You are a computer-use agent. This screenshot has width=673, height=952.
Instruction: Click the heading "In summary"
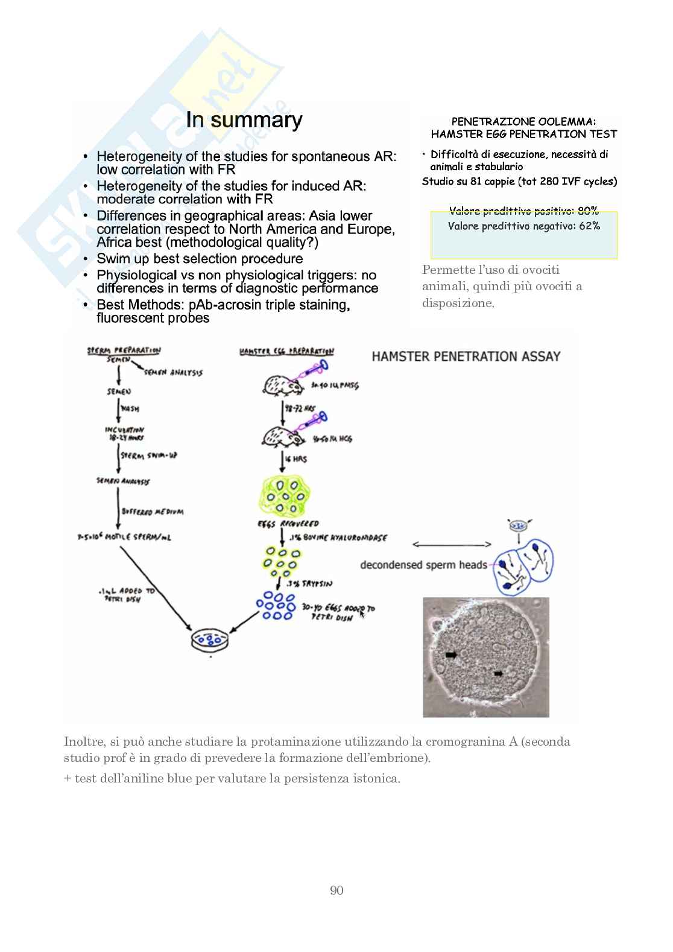pyautogui.click(x=244, y=120)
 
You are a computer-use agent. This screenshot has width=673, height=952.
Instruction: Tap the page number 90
pyautogui.click(x=336, y=890)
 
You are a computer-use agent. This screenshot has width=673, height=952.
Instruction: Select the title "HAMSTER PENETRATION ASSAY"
pyautogui.click(x=466, y=357)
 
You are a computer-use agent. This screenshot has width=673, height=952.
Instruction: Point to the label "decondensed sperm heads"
pyautogui.click(x=423, y=565)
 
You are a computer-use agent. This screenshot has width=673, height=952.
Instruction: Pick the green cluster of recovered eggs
pyautogui.click(x=285, y=496)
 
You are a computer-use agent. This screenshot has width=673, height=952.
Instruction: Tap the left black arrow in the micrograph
pyautogui.click(x=451, y=654)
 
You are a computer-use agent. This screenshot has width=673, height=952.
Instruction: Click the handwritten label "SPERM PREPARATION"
pyautogui.click(x=124, y=350)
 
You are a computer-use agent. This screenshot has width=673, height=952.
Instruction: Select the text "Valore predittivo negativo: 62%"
pyautogui.click(x=523, y=226)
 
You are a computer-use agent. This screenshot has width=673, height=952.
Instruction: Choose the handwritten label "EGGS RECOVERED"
pyautogui.click(x=288, y=524)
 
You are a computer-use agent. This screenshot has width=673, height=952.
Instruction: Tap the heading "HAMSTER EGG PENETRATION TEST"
pyautogui.click(x=523, y=134)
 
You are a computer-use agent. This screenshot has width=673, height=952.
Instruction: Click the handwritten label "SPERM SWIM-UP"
pyautogui.click(x=148, y=456)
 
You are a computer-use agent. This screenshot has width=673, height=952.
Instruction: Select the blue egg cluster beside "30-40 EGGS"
pyautogui.click(x=276, y=606)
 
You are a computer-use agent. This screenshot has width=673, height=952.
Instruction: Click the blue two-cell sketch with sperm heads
pyautogui.click(x=522, y=564)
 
